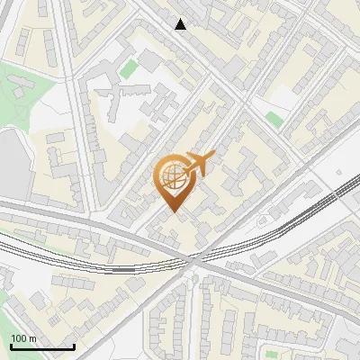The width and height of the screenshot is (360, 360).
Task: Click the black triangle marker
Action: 181,24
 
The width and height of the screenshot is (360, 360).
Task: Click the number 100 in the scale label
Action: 17,338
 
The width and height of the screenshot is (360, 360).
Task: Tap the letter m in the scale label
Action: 31,338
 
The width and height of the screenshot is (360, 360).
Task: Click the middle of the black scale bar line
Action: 41,346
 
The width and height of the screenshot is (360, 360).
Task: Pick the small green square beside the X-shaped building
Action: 129,68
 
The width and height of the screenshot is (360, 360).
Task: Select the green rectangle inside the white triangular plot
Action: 274,118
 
